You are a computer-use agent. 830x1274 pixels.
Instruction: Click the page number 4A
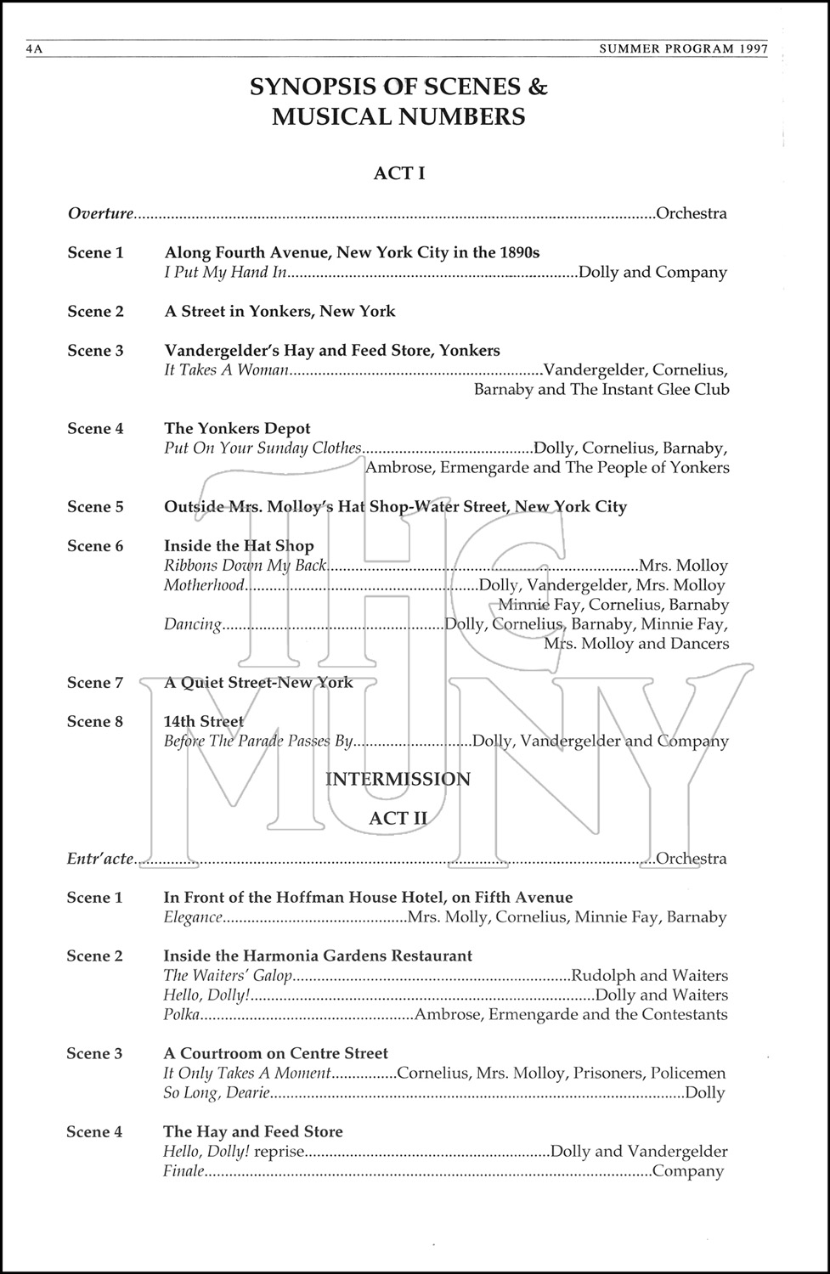(x=34, y=50)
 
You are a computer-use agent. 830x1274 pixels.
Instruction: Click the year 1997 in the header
(x=753, y=49)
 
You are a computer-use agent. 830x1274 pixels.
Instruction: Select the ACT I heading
(x=399, y=173)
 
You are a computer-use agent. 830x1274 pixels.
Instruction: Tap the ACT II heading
(x=398, y=818)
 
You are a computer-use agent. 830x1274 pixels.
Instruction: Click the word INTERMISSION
(x=398, y=779)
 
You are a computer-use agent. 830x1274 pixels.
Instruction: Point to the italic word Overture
(x=100, y=213)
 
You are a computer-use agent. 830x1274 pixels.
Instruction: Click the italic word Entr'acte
(x=100, y=859)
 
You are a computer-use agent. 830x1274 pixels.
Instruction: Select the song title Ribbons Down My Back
(x=245, y=566)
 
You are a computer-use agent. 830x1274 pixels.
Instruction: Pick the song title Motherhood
(x=204, y=585)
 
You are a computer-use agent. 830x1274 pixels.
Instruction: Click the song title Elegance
(x=193, y=917)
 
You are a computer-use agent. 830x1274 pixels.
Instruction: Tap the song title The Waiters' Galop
(x=228, y=976)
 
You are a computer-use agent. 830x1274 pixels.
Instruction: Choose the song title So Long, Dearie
(x=217, y=1093)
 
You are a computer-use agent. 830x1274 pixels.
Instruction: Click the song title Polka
(x=182, y=1015)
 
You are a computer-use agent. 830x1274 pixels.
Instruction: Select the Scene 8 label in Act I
(x=95, y=722)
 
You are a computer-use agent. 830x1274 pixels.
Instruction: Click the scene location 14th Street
(x=203, y=722)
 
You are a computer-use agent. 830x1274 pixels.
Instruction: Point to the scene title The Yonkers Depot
(x=237, y=429)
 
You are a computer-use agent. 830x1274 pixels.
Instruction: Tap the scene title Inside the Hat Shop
(x=239, y=546)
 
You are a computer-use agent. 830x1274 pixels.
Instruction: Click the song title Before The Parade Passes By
(x=257, y=741)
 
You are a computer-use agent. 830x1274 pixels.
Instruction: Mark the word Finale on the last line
(x=184, y=1171)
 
